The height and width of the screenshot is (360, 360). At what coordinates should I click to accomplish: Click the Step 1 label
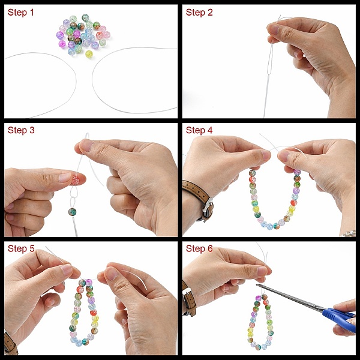20,13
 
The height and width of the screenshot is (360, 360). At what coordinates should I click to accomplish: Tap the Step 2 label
199,13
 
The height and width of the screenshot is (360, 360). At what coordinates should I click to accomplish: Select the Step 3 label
21,130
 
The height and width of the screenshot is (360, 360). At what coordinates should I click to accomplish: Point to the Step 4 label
199,130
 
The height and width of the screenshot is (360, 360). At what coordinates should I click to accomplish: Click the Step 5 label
21,248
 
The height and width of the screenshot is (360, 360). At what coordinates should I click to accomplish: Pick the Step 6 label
199,248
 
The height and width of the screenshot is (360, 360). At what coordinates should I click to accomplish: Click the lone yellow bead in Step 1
89,54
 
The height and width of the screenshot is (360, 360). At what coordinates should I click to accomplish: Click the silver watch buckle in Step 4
208,205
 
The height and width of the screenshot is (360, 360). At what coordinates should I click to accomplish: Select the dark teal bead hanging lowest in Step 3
72,212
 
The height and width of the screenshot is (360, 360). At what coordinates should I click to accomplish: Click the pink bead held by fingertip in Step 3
76,181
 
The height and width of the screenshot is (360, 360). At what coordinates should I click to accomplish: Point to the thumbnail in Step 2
273,29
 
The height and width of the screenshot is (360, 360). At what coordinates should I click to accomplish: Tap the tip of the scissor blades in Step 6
257,285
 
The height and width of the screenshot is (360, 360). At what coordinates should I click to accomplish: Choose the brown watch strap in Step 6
190,299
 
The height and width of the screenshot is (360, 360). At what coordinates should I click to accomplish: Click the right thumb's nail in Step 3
86,145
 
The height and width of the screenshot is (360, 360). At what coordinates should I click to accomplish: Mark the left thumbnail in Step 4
266,155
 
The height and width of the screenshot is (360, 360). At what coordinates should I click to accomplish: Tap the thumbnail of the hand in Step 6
262,271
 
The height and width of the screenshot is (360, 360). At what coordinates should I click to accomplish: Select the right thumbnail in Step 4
284,156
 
